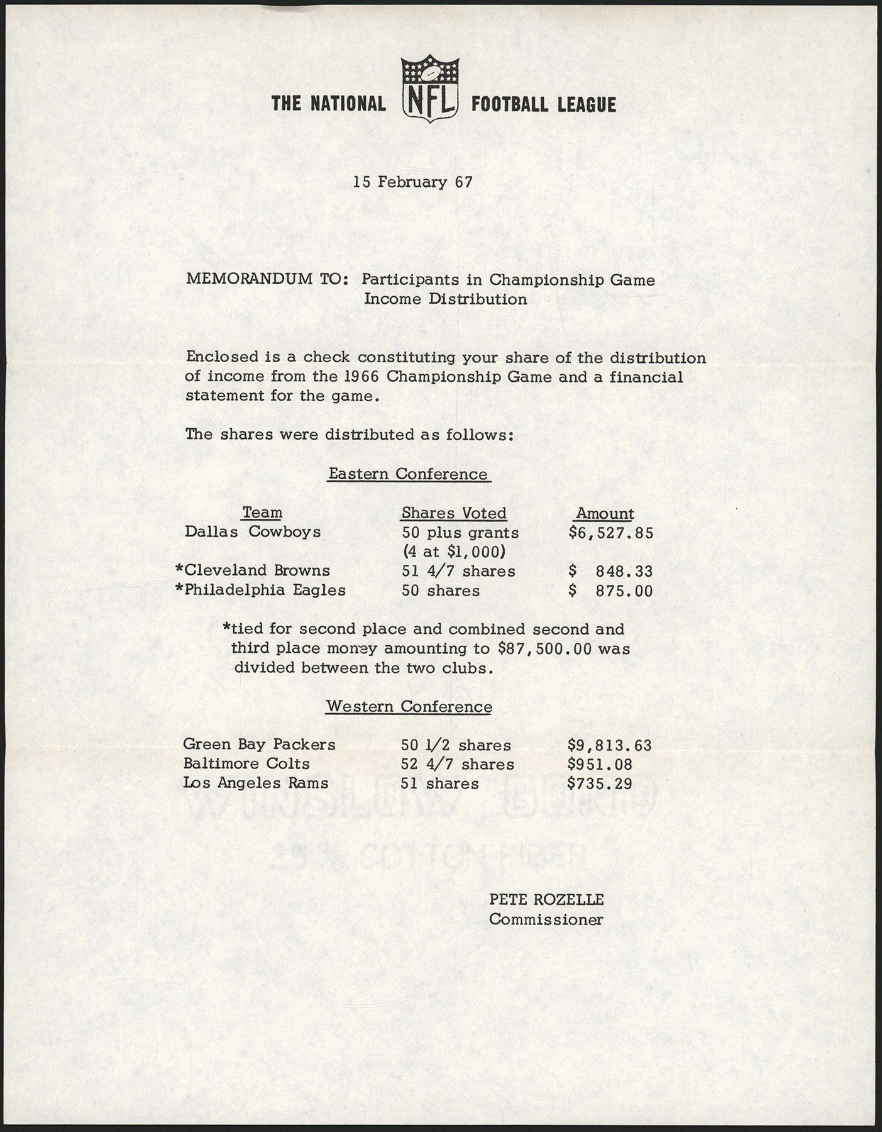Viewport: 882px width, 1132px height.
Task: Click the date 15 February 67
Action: (x=412, y=182)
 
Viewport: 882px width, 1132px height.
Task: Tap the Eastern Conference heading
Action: (x=409, y=474)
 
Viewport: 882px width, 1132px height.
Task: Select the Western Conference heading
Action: (x=409, y=707)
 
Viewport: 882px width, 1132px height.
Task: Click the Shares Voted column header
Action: (x=454, y=514)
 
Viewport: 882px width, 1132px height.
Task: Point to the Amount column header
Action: (x=605, y=514)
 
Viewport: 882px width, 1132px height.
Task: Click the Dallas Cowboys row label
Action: (x=253, y=532)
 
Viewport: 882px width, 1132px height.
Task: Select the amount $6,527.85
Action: (x=610, y=533)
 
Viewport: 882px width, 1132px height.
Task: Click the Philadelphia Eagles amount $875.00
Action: (x=610, y=591)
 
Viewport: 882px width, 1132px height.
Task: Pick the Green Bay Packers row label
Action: (x=259, y=745)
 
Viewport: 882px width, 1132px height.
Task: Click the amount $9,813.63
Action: (x=609, y=746)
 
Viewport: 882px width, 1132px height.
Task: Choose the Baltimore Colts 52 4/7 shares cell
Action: (x=458, y=765)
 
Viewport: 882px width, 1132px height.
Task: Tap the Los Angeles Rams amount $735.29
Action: (x=600, y=784)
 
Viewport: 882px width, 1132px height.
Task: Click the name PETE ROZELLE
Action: (x=546, y=900)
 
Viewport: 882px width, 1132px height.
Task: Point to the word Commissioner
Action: (x=546, y=919)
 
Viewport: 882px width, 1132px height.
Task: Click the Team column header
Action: (x=262, y=513)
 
